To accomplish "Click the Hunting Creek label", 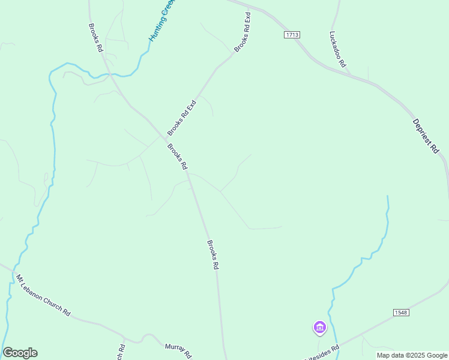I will tap(161, 20).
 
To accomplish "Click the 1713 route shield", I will tap(292, 35).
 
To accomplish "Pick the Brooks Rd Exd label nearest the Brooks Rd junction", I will tap(182, 118).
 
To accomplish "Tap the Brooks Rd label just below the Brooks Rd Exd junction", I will tap(178, 157).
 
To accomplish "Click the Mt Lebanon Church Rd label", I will tap(43, 296).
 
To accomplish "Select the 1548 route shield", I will tap(401, 313).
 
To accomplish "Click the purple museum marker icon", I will tap(319, 328).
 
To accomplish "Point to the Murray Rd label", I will tap(178, 349).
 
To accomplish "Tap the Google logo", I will tap(20, 353).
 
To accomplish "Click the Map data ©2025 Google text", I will tap(412, 355).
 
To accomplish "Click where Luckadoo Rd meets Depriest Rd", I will tap(350, 74).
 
